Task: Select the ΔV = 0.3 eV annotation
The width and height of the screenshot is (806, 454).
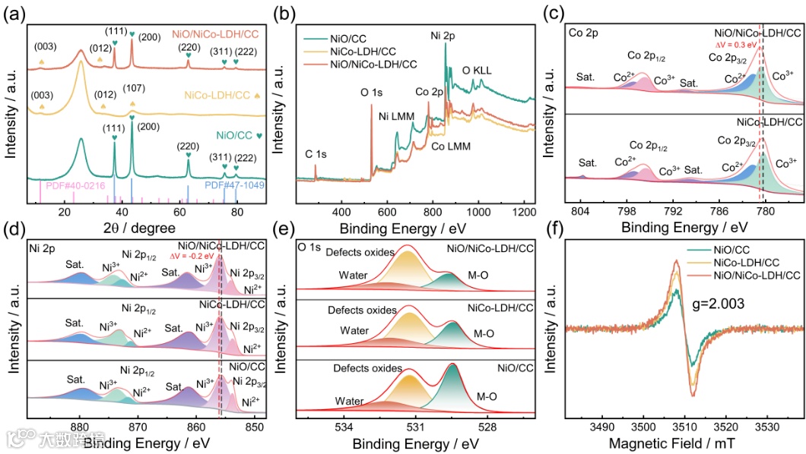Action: coord(744,46)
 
